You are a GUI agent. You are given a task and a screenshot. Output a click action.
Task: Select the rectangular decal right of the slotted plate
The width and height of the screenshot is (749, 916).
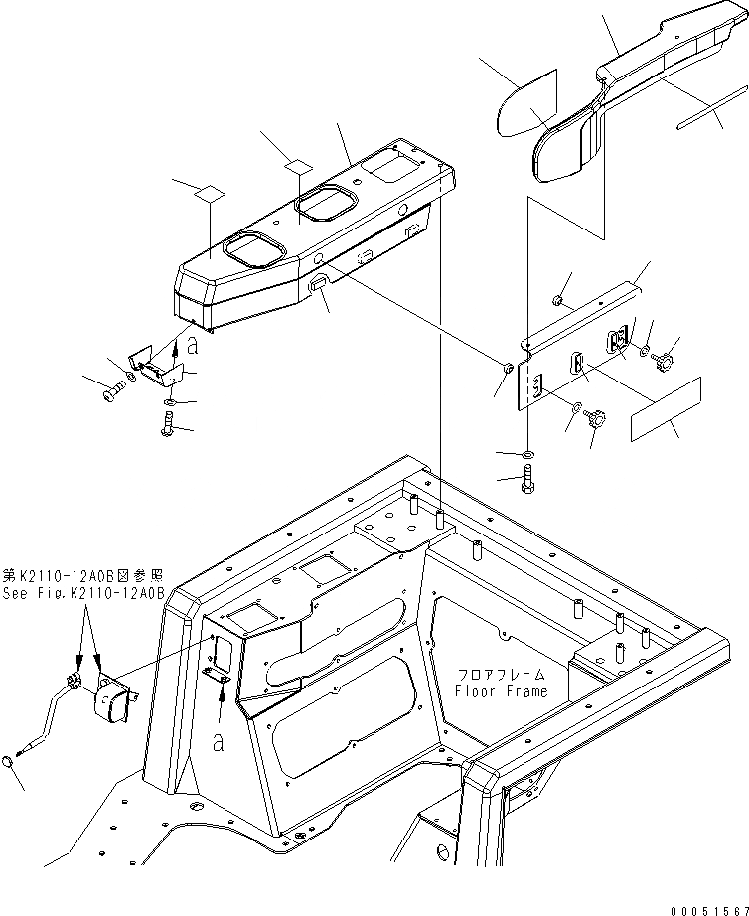667,407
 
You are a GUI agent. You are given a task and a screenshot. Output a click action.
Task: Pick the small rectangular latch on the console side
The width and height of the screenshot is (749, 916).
318,284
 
